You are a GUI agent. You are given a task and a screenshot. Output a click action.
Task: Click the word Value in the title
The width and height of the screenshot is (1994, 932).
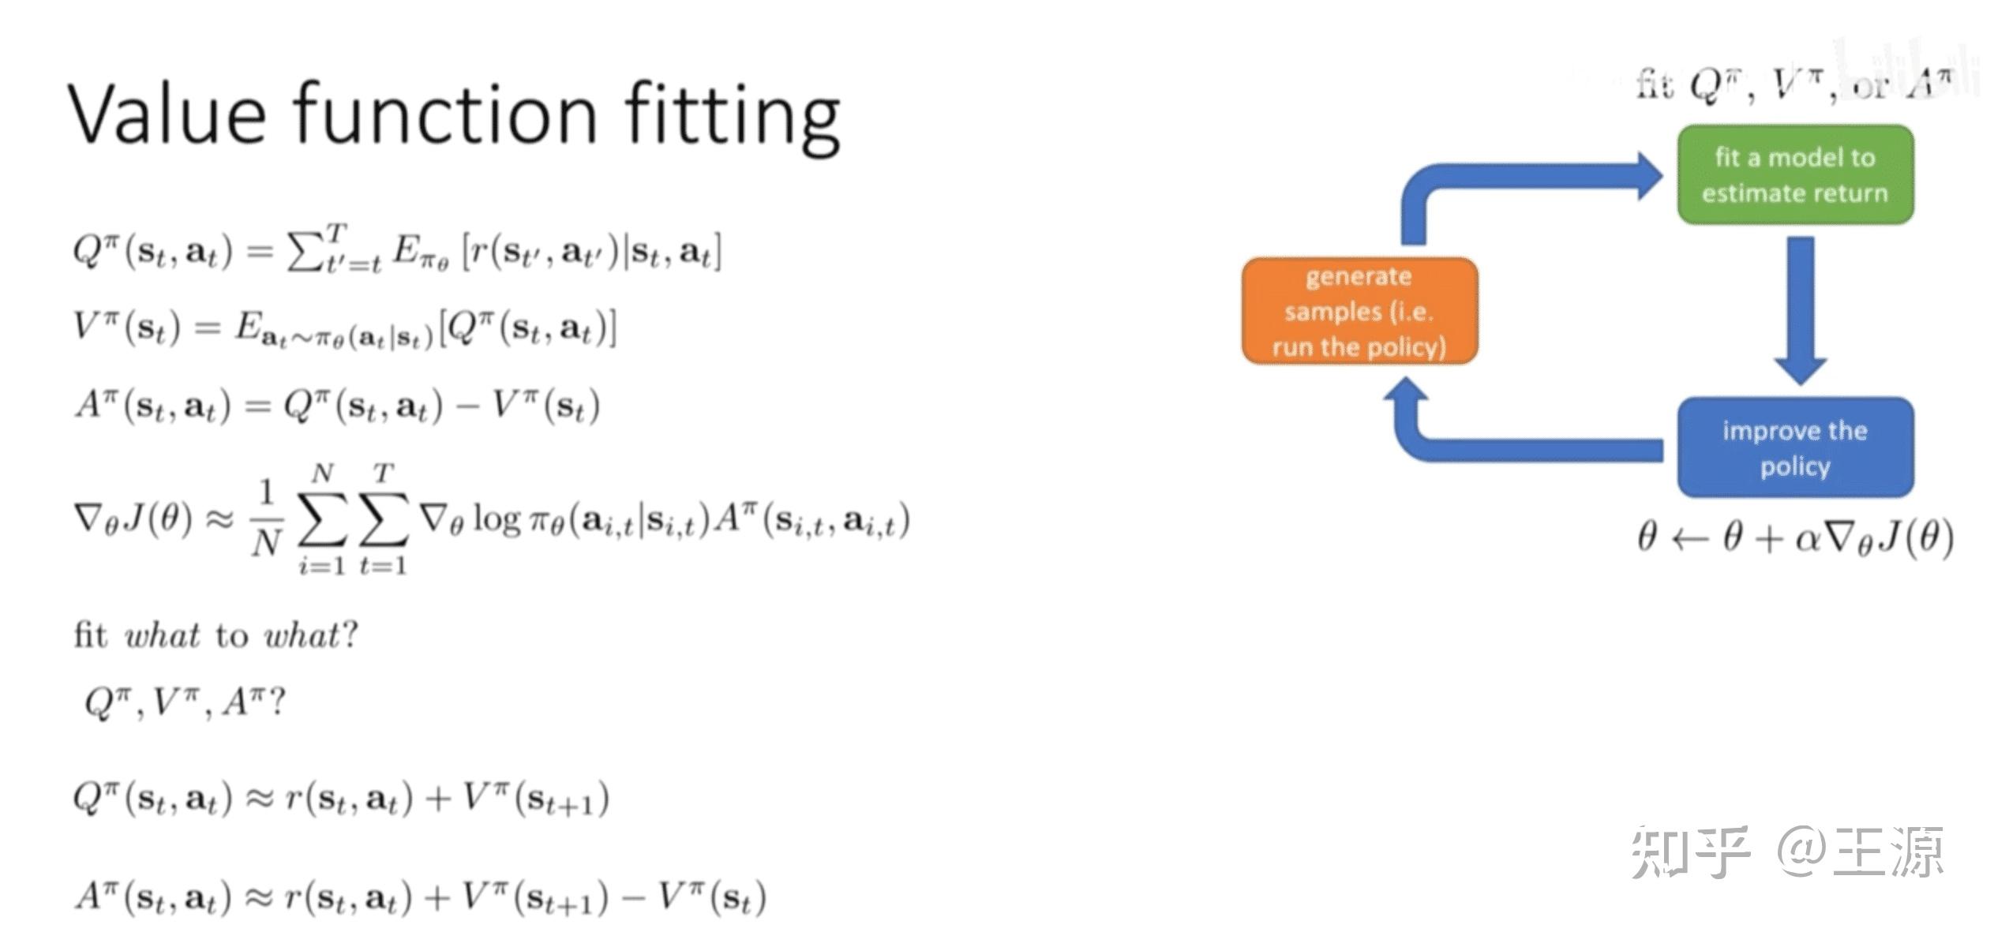167,114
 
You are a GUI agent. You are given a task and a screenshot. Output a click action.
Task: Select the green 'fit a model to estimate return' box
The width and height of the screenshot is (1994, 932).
1794,175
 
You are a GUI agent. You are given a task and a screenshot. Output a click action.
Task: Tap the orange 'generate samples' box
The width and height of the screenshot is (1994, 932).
1359,311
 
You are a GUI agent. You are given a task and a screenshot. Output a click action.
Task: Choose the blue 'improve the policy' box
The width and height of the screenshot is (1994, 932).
1794,447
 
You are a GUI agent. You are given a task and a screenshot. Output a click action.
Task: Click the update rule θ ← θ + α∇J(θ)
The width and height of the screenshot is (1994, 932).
1794,539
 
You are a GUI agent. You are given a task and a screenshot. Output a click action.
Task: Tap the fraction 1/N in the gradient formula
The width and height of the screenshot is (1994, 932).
266,518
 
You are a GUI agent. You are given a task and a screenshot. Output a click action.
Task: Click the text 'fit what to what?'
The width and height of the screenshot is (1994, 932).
216,634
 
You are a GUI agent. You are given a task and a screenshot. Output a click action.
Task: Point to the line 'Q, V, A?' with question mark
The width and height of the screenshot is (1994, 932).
185,702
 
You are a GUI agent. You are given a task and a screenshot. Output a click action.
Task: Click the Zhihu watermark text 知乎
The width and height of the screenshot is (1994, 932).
1689,852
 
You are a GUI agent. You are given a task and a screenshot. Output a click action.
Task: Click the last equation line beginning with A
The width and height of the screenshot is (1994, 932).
420,898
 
